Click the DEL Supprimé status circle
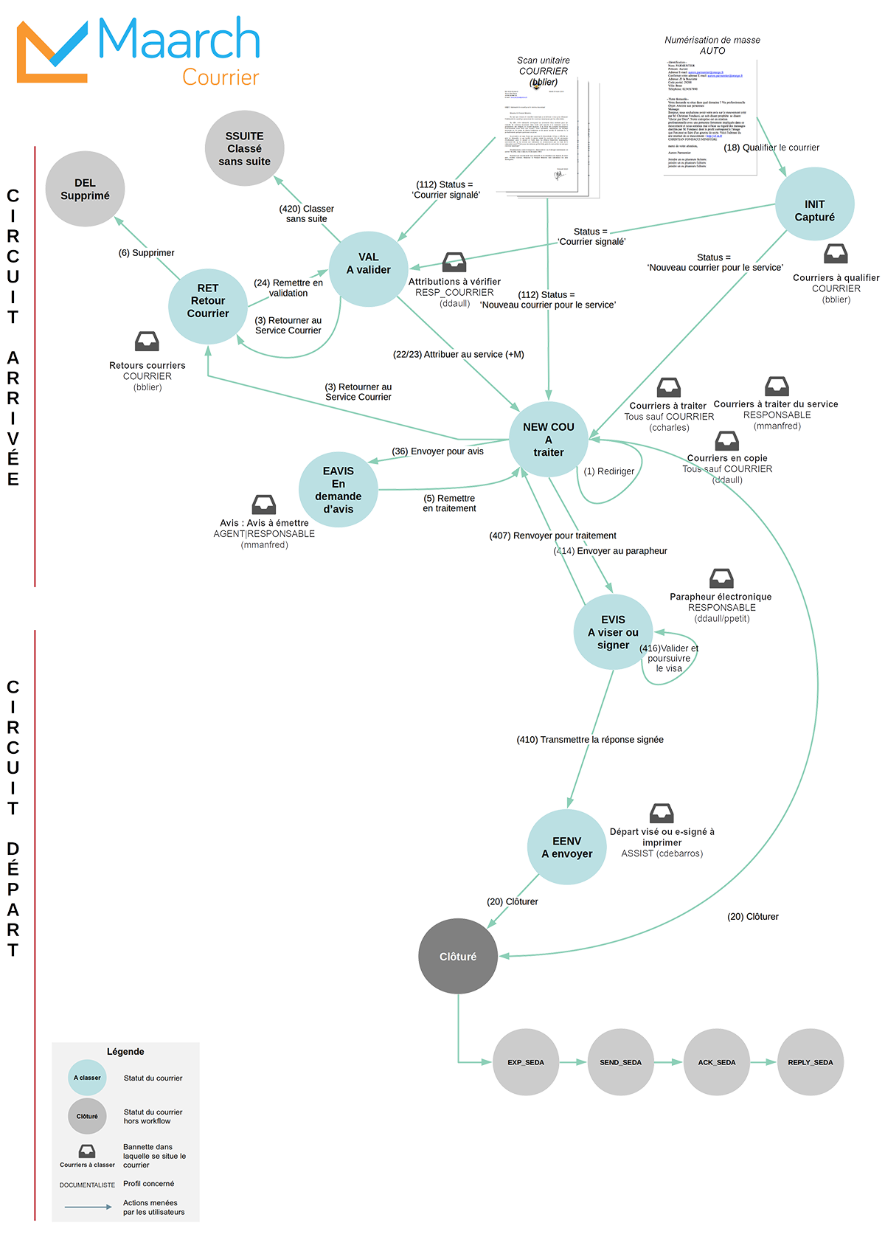[x=85, y=190]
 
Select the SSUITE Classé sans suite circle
[x=244, y=149]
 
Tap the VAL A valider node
[x=368, y=264]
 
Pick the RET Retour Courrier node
[x=208, y=301]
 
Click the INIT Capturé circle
[x=814, y=211]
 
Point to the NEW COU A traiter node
[x=548, y=440]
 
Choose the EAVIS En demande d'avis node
[x=338, y=490]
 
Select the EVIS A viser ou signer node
[x=613, y=632]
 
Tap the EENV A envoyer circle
[x=566, y=848]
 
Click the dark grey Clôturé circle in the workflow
[x=458, y=957]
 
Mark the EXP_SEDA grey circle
[x=526, y=1062]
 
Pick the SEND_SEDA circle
[x=620, y=1062]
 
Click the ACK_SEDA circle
[x=716, y=1062]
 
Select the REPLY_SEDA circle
[x=810, y=1062]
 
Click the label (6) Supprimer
[x=147, y=253]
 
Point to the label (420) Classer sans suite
[x=307, y=214]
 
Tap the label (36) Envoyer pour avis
[x=438, y=451]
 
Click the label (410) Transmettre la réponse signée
[x=590, y=740]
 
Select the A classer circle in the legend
[x=87, y=1078]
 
